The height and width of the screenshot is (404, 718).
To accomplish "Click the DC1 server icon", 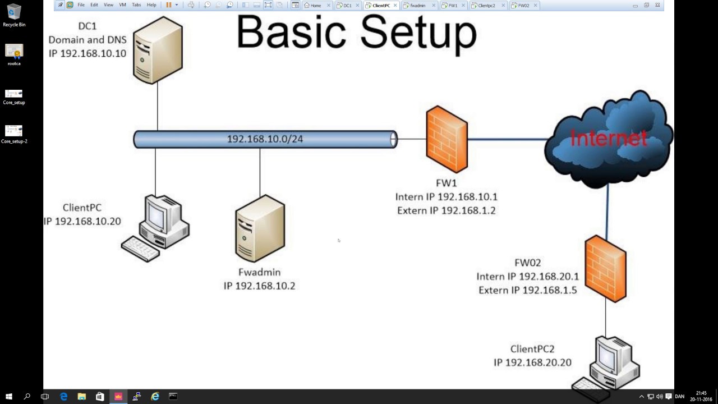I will (158, 50).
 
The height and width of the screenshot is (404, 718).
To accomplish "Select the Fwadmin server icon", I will (260, 228).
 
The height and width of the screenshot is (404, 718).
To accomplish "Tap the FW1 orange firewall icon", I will (447, 139).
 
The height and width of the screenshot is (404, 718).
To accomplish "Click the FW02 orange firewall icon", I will (605, 269).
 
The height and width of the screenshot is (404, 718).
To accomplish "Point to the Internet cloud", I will (609, 139).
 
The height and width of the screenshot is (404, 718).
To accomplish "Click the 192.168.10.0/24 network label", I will (265, 139).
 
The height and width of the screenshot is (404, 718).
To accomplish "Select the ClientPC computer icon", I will (157, 227).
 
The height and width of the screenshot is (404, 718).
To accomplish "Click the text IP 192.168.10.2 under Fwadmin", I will (259, 286).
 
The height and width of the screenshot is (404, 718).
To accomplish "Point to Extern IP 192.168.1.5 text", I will (527, 290).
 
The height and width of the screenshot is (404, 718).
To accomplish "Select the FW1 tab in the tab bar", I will (450, 5).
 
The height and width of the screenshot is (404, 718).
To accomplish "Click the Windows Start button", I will (9, 397).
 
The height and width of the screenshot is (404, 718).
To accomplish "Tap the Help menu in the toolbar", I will (151, 5).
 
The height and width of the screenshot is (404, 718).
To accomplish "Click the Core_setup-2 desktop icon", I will (14, 131).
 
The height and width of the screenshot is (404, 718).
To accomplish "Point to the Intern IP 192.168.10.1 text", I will (446, 197).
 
